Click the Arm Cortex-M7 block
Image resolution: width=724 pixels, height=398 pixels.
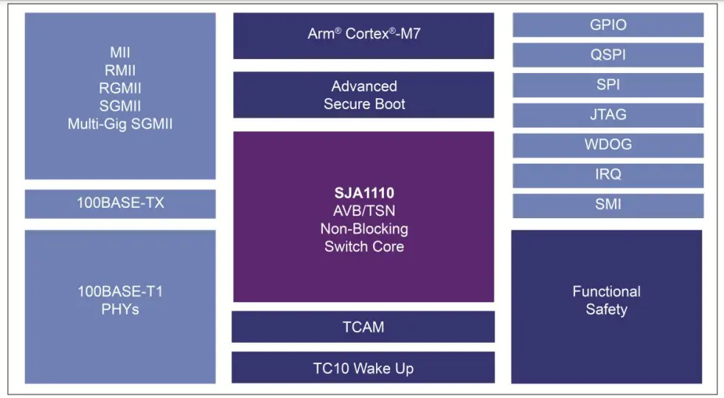coord(363,35)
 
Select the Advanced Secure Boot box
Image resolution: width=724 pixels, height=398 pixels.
coord(363,95)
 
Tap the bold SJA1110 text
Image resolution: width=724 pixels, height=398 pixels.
coord(363,194)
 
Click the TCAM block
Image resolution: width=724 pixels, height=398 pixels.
coord(363,327)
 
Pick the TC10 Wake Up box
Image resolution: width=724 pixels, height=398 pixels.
coord(363,368)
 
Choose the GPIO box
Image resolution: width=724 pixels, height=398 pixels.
coord(608,25)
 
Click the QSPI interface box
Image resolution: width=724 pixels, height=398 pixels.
coord(608,55)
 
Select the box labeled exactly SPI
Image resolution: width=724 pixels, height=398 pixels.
coord(608,85)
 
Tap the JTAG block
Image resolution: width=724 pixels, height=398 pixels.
coord(608,115)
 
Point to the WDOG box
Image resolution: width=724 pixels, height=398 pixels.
coord(608,144)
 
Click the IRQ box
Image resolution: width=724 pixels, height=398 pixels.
coord(608,175)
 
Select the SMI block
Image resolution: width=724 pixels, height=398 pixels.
coord(608,205)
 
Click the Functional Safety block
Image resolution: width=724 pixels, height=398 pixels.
coord(607,301)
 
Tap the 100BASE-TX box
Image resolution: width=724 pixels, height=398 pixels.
coord(120,203)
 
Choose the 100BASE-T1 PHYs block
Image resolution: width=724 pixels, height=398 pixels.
coord(120,300)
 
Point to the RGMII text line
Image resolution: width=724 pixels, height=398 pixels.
coord(120,88)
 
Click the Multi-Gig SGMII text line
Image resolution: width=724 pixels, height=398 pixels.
coord(120,124)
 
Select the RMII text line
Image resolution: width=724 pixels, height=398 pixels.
coord(120,71)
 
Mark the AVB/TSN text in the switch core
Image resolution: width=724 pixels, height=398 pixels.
coord(363,212)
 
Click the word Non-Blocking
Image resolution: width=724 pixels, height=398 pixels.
coord(363,229)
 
